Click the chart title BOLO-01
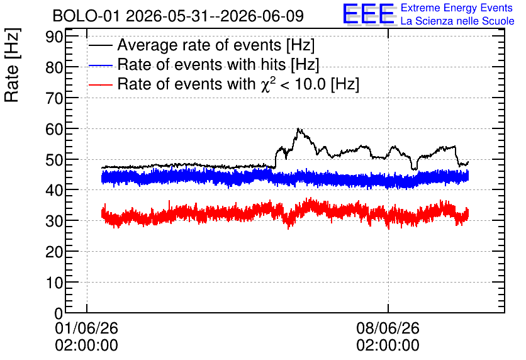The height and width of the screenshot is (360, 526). [x=86, y=16]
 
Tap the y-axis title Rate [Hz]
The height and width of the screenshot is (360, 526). [x=12, y=65]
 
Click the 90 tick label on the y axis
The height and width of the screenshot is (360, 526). [x=54, y=37]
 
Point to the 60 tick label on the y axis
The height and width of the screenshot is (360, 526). [x=54, y=129]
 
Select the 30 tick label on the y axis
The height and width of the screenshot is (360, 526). [x=54, y=222]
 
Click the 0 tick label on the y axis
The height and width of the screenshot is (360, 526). [x=59, y=313]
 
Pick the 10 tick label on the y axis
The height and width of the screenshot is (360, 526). [x=54, y=283]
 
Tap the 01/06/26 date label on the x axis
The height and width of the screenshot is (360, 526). [x=87, y=328]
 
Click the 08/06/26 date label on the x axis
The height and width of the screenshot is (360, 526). [x=388, y=328]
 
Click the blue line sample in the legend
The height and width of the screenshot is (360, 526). [x=100, y=65]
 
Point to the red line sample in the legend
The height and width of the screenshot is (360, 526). [x=100, y=84]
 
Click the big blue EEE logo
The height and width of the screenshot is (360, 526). [x=369, y=14]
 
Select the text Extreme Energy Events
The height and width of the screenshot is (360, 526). [x=457, y=8]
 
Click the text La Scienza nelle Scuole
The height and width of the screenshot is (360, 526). [x=457, y=21]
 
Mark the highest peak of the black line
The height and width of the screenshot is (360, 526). [x=298, y=128]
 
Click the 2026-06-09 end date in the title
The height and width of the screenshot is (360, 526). [x=262, y=16]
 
